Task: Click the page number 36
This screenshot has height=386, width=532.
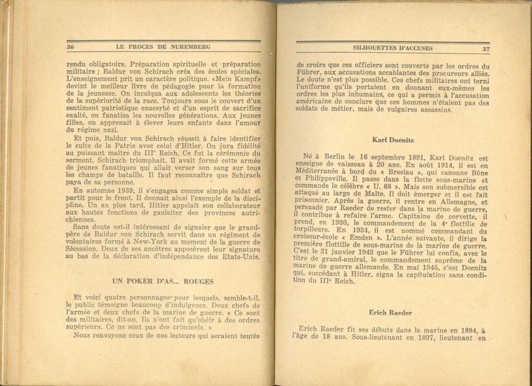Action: coord(71,48)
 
